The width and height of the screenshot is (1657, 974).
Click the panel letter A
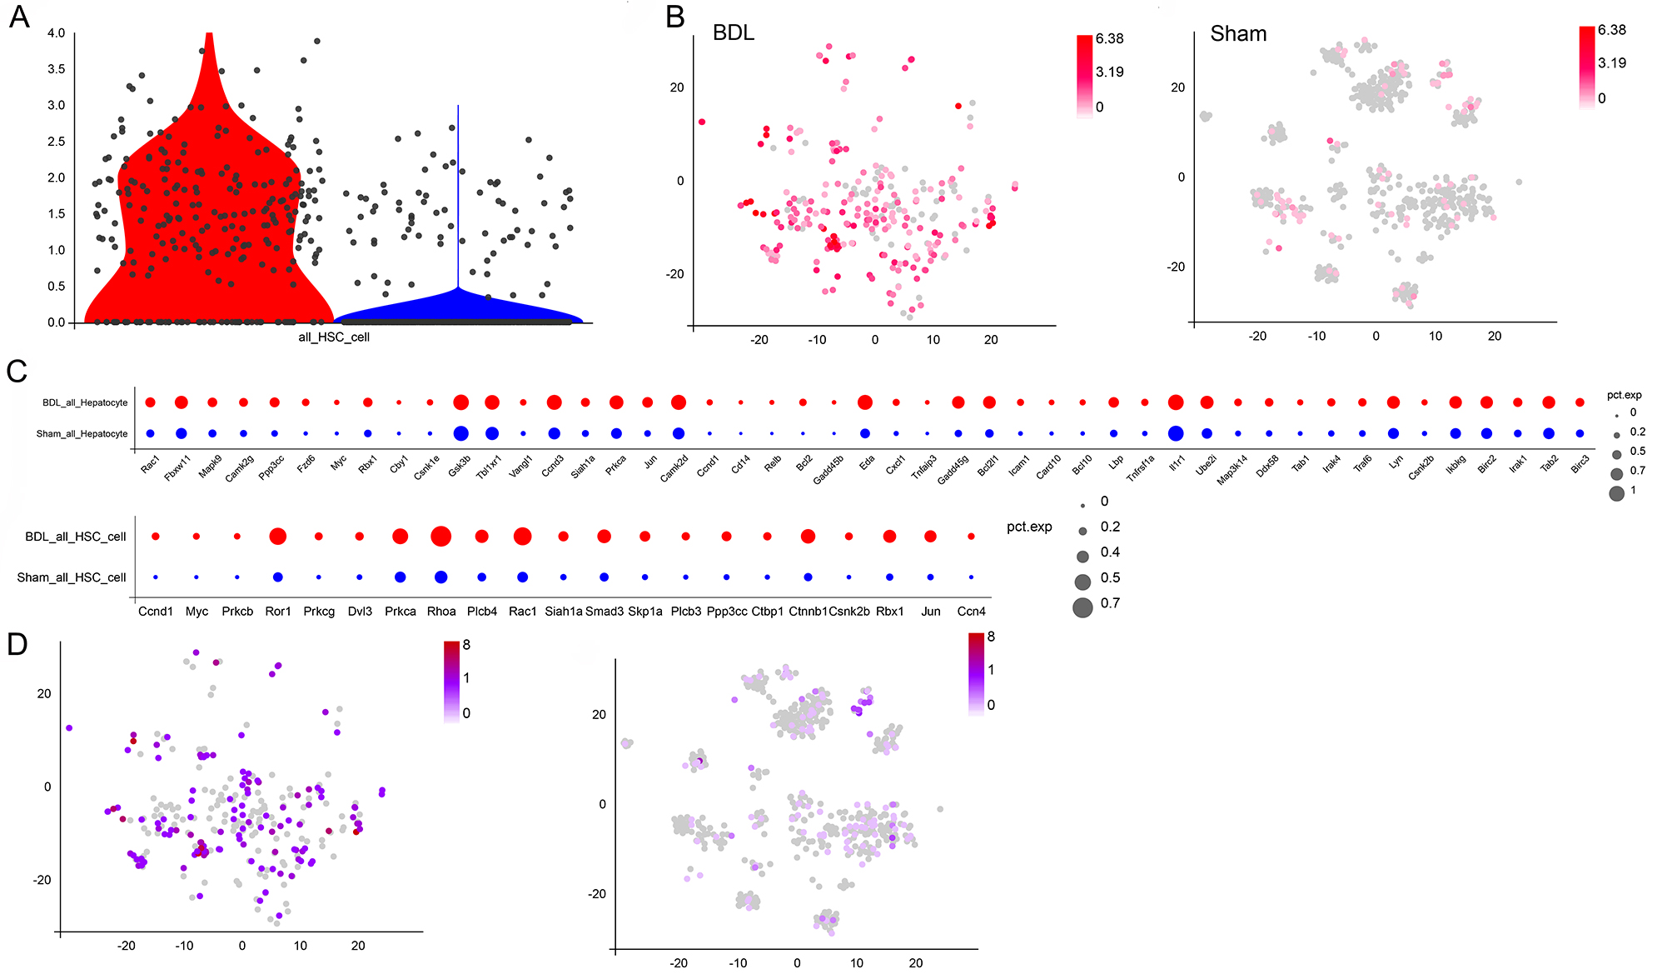(18, 17)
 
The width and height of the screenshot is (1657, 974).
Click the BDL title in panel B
(734, 32)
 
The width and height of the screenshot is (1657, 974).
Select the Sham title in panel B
(1238, 33)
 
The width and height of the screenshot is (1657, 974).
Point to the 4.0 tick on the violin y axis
(56, 33)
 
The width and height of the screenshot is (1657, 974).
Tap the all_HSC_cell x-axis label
(334, 337)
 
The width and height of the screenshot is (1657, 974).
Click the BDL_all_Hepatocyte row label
(85, 403)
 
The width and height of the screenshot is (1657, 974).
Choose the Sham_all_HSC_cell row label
(72, 577)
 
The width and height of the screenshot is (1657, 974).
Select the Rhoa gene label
(441, 612)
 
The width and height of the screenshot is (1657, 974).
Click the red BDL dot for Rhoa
(441, 537)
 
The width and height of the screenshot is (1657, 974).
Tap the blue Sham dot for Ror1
(278, 577)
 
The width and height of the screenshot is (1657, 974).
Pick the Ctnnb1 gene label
(808, 612)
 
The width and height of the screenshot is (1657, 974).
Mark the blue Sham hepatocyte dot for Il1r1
(1176, 433)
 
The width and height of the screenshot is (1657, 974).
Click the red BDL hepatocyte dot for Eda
(865, 402)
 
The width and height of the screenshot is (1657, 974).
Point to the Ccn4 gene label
(971, 612)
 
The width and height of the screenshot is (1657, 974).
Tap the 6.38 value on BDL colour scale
(1109, 38)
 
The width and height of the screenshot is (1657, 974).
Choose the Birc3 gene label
(1580, 465)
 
